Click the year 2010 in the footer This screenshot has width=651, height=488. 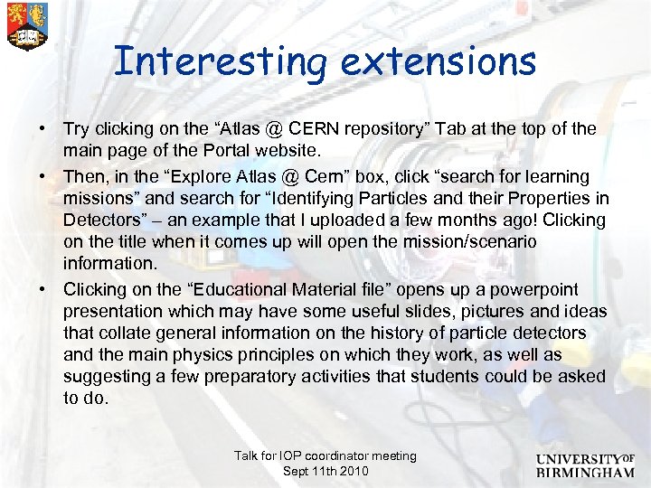click(x=352, y=471)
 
